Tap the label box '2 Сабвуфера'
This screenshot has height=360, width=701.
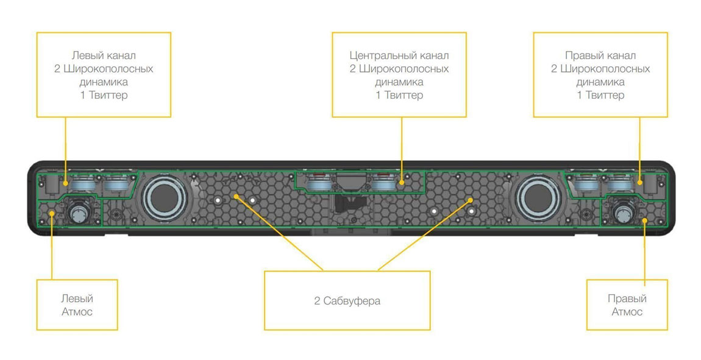pyautogui.click(x=347, y=300)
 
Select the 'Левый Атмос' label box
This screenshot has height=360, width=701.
pyautogui.click(x=77, y=305)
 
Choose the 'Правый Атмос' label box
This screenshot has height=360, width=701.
pyautogui.click(x=627, y=305)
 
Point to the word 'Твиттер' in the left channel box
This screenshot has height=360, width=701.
pyautogui.click(x=109, y=95)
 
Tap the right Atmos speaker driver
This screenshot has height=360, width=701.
pyautogui.click(x=624, y=212)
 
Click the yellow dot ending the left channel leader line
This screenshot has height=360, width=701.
pyautogui.click(x=66, y=183)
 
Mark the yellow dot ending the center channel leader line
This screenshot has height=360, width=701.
pyautogui.click(x=402, y=182)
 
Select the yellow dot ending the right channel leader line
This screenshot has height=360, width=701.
pyautogui.click(x=640, y=182)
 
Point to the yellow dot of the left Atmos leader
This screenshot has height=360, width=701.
pyautogui.click(x=52, y=213)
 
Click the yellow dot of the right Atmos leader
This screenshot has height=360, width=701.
pyautogui.click(x=644, y=220)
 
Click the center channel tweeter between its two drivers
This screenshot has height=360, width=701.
pyautogui.click(x=350, y=181)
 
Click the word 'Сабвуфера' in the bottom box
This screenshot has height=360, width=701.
pyautogui.click(x=352, y=301)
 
